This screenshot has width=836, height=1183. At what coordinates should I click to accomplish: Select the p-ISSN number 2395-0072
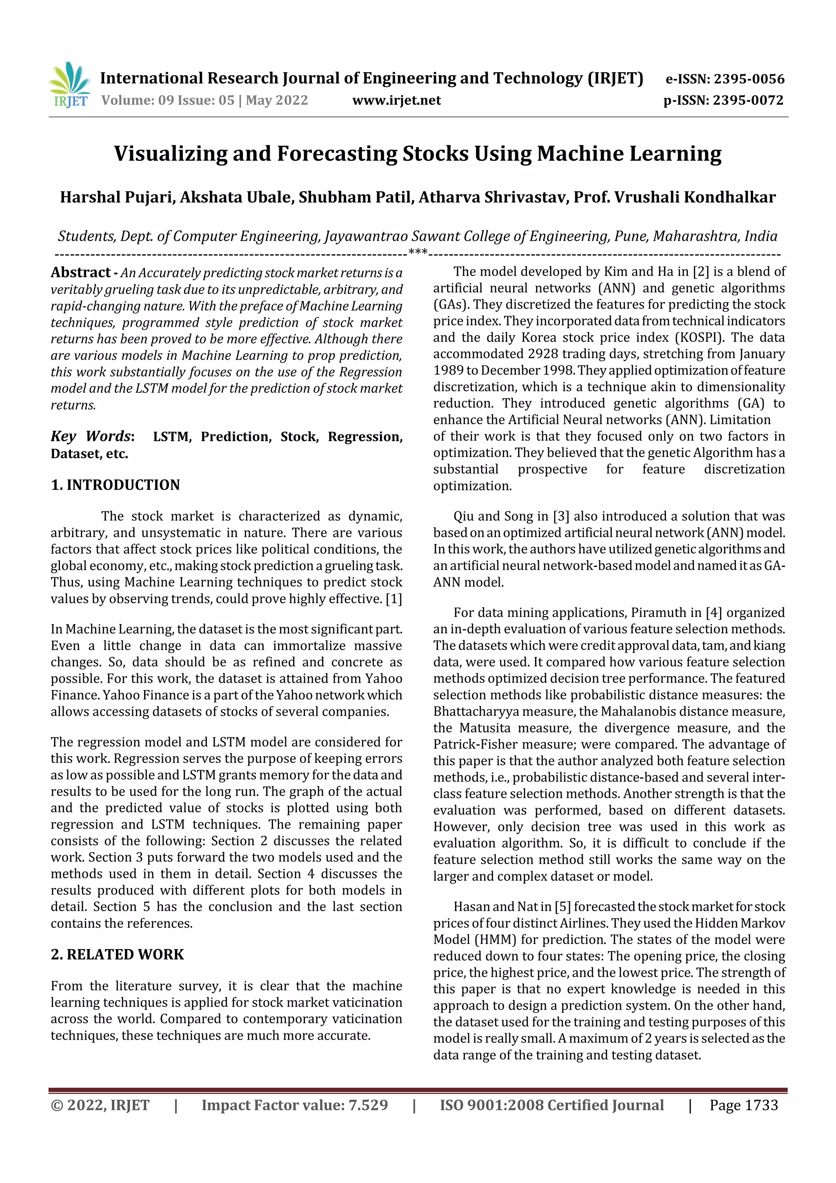click(x=748, y=100)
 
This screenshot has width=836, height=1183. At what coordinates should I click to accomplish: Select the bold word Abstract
click(x=80, y=272)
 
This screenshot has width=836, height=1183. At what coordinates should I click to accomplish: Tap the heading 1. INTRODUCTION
click(x=116, y=485)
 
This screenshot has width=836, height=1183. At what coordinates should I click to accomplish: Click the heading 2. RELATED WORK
click(x=118, y=954)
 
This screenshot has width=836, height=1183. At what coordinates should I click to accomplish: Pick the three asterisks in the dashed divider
click(x=417, y=252)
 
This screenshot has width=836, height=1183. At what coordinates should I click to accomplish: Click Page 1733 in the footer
click(x=743, y=1105)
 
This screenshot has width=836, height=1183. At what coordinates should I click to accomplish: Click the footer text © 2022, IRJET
click(x=100, y=1105)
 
